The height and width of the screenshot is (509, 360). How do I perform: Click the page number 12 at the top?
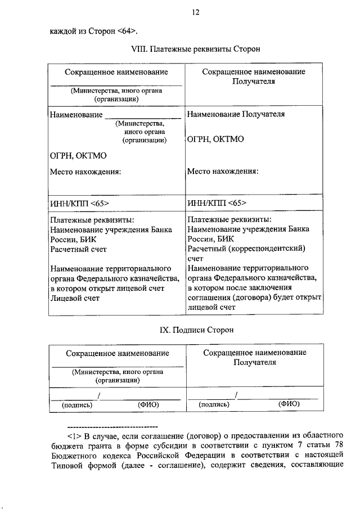click(x=195, y=11)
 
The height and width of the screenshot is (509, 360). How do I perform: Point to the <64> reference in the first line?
click(x=127, y=30)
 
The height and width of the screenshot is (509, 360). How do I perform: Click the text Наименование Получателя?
click(x=236, y=114)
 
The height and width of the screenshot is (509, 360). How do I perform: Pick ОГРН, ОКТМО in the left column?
click(x=78, y=156)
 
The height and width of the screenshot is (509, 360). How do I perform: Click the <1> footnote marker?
click(x=73, y=435)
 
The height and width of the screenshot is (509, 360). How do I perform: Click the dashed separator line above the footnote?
click(x=112, y=425)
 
